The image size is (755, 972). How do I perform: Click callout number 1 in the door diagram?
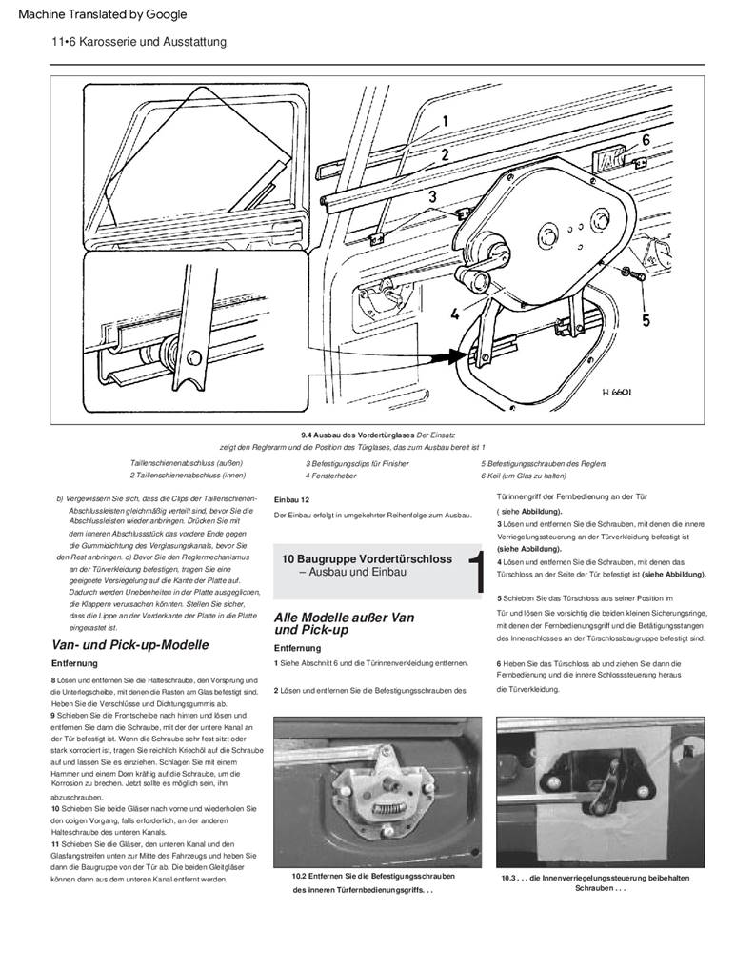point(445,121)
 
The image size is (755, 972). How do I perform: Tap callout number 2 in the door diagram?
point(445,153)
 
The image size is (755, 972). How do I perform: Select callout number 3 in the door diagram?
point(431,197)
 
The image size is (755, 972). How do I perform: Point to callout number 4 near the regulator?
point(455,311)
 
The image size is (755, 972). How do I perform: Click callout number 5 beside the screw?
point(646,320)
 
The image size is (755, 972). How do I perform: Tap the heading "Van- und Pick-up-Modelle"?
point(130,645)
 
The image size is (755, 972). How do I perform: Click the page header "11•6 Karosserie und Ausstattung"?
point(140,42)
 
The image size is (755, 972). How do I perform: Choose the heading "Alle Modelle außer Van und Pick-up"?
point(344,623)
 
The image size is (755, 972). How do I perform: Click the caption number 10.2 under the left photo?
point(298,876)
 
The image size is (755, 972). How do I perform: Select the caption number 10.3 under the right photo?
point(510,878)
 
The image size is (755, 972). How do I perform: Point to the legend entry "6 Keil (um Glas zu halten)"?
point(530,475)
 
